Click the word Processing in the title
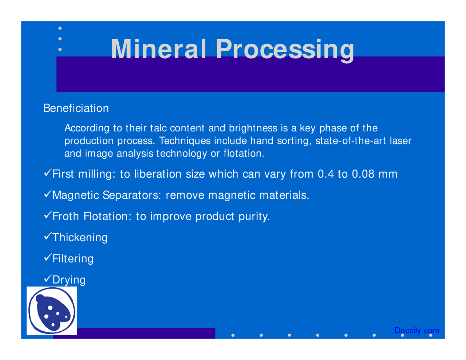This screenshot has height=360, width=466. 285,50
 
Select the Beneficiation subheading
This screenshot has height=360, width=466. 76,108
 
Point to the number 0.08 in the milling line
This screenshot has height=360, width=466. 363,174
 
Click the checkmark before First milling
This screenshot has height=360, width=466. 47,173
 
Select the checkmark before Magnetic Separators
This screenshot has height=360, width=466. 47,194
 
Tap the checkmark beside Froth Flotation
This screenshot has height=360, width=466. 47,215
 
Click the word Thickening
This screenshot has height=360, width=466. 80,237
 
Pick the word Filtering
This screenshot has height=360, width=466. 73,258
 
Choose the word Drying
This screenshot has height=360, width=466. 69,280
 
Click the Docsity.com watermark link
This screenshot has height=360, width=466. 417,331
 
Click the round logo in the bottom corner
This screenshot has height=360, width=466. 52,310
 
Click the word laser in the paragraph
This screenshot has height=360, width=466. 400,141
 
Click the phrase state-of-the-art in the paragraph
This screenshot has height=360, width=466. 350,141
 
